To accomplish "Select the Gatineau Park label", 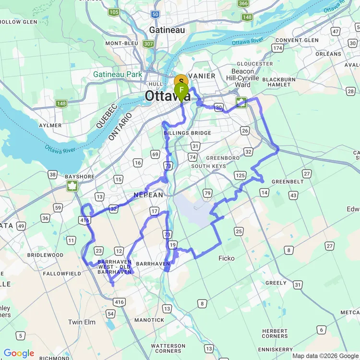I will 118,74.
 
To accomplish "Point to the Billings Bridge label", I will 187,133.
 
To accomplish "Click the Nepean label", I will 148,195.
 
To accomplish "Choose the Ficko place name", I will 227,258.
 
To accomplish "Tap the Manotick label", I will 149,320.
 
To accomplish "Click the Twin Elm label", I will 82,322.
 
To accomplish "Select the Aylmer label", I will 49,125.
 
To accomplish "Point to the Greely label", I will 276,283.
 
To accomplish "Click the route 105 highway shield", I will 114,12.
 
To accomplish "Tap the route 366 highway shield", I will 243,4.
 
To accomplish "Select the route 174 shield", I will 277,48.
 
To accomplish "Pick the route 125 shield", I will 240,175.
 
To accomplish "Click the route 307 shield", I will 148,44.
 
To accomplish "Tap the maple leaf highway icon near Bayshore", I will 72,186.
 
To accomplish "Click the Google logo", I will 18,354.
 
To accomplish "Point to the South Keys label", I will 208,166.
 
